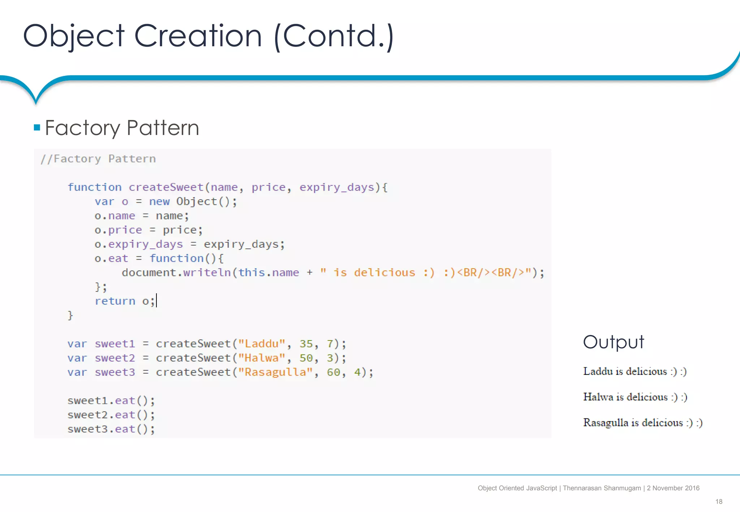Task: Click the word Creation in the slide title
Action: point(198,36)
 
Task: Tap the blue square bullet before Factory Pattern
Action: point(37,127)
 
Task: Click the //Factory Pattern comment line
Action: point(98,159)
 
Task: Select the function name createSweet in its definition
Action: point(166,187)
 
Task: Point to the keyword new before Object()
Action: point(159,201)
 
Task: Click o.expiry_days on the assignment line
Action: point(139,244)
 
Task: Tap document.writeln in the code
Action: point(176,273)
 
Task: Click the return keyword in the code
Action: point(115,301)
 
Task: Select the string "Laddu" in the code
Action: point(262,344)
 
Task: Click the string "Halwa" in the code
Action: point(262,358)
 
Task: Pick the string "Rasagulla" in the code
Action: point(275,372)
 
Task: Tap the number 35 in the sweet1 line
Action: point(306,344)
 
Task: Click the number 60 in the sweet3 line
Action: point(334,372)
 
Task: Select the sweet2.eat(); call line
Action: point(111,415)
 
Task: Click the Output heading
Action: point(614,342)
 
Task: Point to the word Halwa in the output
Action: point(598,397)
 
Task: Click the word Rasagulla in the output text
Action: point(606,422)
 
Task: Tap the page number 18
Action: point(719,502)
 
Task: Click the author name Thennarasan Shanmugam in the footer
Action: point(602,488)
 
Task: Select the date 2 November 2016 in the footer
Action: point(673,488)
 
